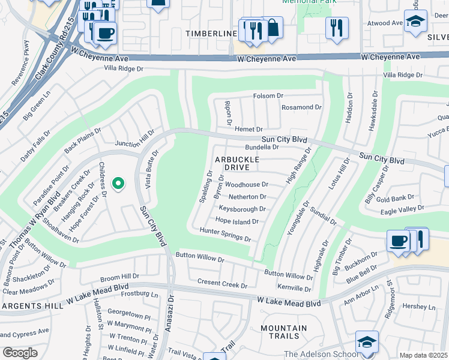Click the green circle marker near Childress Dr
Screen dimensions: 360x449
point(119,184)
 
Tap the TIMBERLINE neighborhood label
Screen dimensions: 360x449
point(211,34)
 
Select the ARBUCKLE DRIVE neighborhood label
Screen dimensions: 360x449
point(237,163)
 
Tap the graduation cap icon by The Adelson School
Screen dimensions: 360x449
point(367,341)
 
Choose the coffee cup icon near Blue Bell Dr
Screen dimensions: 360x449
point(399,241)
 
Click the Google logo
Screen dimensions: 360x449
point(20,353)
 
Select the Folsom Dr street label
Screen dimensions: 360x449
point(268,96)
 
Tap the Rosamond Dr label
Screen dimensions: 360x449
point(302,107)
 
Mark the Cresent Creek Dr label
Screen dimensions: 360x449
point(222,284)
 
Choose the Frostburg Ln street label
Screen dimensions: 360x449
point(139,295)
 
